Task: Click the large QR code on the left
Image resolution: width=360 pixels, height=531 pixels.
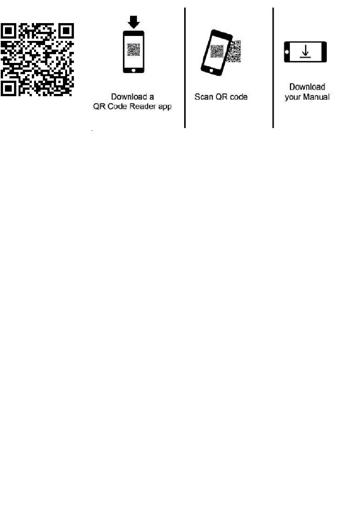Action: click(x=37, y=60)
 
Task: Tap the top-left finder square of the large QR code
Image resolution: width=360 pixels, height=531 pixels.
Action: click(x=9, y=31)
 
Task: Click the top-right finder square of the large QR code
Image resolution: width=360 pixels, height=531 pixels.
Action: click(x=66, y=31)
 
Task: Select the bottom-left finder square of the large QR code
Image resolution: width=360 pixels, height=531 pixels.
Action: click(x=9, y=88)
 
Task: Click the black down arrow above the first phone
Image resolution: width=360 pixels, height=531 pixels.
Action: click(x=133, y=22)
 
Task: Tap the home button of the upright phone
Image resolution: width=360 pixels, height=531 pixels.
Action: click(x=133, y=70)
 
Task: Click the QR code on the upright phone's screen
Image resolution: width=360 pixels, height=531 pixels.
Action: click(x=133, y=50)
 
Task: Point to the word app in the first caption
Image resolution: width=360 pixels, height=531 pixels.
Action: click(x=165, y=107)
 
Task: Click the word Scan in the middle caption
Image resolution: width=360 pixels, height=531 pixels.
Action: click(x=203, y=97)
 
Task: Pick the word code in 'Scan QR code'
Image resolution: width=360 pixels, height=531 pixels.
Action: click(x=239, y=97)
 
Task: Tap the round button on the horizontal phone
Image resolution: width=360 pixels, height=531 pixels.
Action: click(x=287, y=52)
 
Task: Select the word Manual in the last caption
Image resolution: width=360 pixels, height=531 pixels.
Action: click(x=316, y=97)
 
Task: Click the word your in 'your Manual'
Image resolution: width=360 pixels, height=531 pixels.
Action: click(x=292, y=97)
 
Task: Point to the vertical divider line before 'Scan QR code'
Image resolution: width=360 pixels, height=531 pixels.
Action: click(x=185, y=68)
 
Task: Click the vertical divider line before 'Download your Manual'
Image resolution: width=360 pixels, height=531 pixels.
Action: click(x=273, y=68)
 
